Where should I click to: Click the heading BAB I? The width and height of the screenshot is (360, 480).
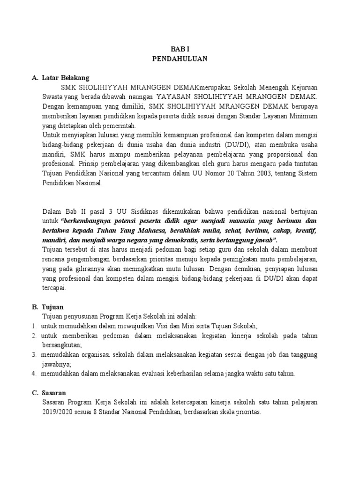click(180, 49)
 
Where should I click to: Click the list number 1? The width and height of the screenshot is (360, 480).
click(34, 326)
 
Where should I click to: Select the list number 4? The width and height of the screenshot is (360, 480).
click(34, 373)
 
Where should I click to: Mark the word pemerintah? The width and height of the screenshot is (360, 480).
click(119, 125)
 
